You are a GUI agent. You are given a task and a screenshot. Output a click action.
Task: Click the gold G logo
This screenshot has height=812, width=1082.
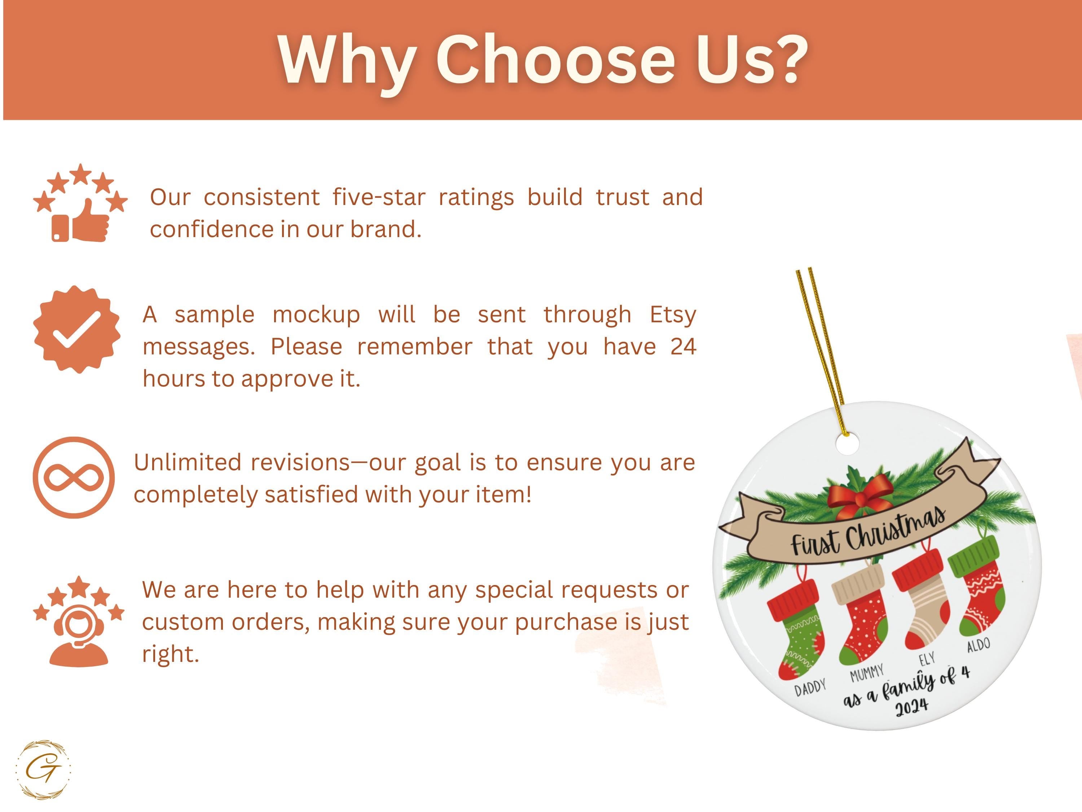(44, 770)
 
